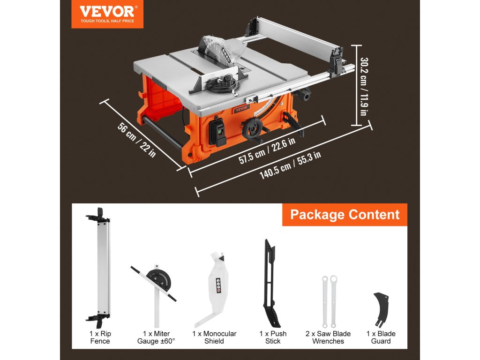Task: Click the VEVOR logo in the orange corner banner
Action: coord(107,11)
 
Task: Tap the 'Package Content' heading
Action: coord(345,215)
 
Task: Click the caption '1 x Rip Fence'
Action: coord(100,337)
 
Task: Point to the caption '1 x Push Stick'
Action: coord(273,337)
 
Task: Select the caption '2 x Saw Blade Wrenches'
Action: coord(328,337)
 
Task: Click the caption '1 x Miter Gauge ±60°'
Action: coord(156,337)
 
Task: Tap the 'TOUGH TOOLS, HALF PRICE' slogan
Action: coord(107,21)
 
